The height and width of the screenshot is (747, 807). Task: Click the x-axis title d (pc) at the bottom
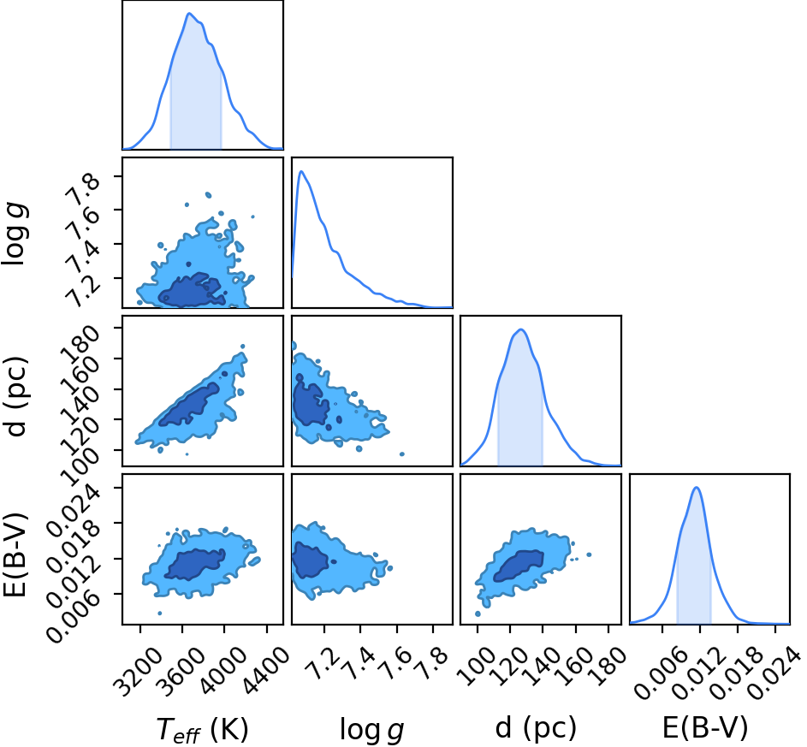click(x=535, y=728)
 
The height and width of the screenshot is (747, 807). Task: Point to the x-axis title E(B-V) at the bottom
click(x=704, y=728)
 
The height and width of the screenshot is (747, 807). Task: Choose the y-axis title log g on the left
click(x=15, y=234)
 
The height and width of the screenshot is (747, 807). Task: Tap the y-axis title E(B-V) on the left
click(x=15, y=554)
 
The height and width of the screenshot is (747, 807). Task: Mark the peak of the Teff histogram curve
click(x=189, y=14)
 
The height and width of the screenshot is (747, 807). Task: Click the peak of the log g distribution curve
click(x=301, y=171)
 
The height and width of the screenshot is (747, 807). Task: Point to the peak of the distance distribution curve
click(x=521, y=329)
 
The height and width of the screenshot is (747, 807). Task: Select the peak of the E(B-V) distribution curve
click(x=697, y=487)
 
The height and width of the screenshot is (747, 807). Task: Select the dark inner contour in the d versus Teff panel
click(x=188, y=405)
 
